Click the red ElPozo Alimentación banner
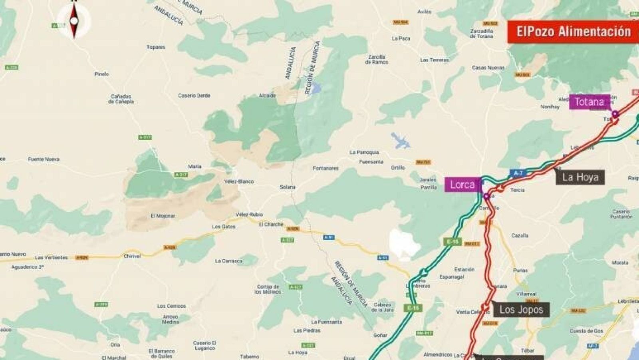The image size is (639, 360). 573,32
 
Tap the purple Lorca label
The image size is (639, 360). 462,185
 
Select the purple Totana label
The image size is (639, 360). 589,102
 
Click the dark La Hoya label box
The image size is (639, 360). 580,177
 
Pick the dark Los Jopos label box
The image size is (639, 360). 521,310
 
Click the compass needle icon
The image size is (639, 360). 74,20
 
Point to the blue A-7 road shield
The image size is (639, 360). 518,173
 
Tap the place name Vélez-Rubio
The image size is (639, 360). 249,215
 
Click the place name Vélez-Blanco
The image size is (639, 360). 239,181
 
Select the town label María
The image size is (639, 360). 195,166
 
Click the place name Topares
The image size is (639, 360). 156,47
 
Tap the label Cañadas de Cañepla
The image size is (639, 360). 121,99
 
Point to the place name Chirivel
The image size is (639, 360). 132,256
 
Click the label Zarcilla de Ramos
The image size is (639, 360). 377,59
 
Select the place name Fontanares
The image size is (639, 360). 325,168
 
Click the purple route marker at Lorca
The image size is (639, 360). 486,196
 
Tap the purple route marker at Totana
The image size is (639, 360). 615,114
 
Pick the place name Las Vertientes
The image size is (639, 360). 51,258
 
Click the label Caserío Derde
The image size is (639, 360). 194,95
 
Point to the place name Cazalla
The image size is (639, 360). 520,236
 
